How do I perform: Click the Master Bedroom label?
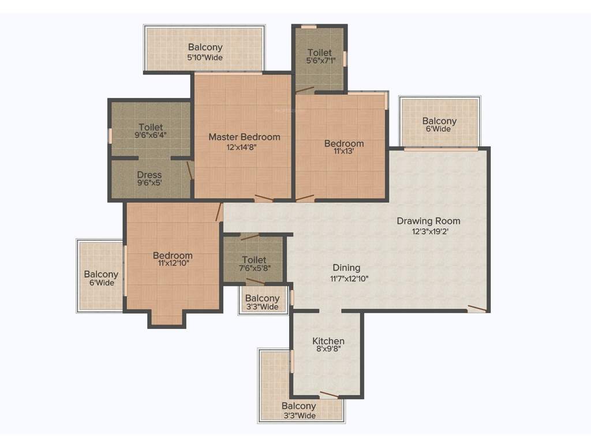[244, 137]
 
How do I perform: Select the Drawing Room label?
[428, 221]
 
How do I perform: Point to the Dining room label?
[346, 268]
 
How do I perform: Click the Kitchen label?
[328, 341]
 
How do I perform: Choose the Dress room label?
[149, 175]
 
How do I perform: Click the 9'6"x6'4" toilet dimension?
[150, 136]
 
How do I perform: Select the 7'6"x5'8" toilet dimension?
[254, 268]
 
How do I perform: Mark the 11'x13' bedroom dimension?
[344, 152]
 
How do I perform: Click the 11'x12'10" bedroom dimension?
[173, 264]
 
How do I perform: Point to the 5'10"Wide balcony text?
[205, 57]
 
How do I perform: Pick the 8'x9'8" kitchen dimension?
[328, 350]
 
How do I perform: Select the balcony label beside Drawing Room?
[439, 121]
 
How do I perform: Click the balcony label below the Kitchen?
[299, 407]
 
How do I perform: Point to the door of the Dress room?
[189, 170]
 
